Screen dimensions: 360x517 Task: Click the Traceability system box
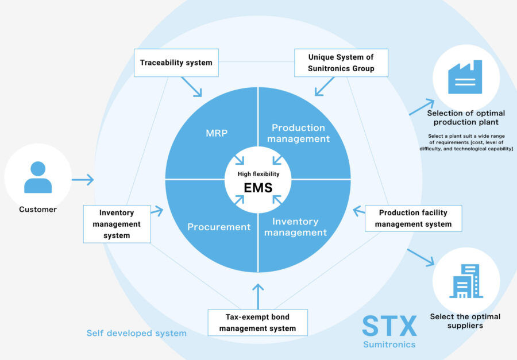[176, 63]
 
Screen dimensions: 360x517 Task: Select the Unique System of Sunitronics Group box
[341, 63]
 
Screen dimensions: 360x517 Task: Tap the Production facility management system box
[413, 218]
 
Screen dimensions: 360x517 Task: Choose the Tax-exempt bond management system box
[257, 323]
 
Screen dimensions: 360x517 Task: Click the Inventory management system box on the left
[117, 224]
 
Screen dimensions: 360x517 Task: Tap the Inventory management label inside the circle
[296, 227]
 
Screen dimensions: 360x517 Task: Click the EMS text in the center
[257, 187]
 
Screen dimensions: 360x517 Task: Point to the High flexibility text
[258, 173]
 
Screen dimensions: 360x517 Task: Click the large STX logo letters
[389, 326]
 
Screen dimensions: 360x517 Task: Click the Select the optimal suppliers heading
[465, 321]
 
